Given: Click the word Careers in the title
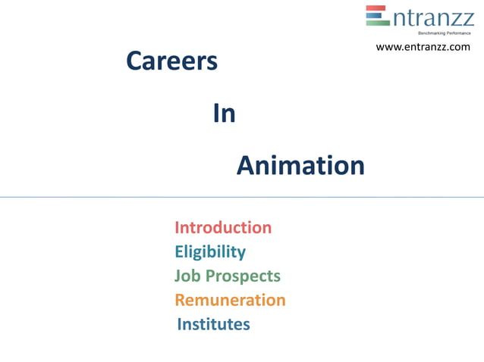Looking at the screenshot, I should coord(171,61).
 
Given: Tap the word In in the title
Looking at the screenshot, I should coord(224,114).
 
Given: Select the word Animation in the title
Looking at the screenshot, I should coord(300,165).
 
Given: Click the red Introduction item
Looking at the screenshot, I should coord(223,227).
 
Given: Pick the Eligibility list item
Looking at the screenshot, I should coord(210,251).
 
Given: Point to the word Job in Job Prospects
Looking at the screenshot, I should coord(188,276).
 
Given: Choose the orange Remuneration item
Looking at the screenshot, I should coord(230,300).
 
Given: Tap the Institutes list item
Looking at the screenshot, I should coord(213,324).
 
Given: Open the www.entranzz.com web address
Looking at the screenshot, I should coord(423,47).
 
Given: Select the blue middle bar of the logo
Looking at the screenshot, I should coord(376,15).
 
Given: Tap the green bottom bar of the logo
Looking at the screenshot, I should coord(377,23).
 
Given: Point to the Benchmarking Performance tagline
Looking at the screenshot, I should coord(445,33).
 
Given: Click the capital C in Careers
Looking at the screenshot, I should coord(135,61).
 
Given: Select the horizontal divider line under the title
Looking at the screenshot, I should coord(242,197).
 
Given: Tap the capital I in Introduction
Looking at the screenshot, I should coord(178,227).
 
